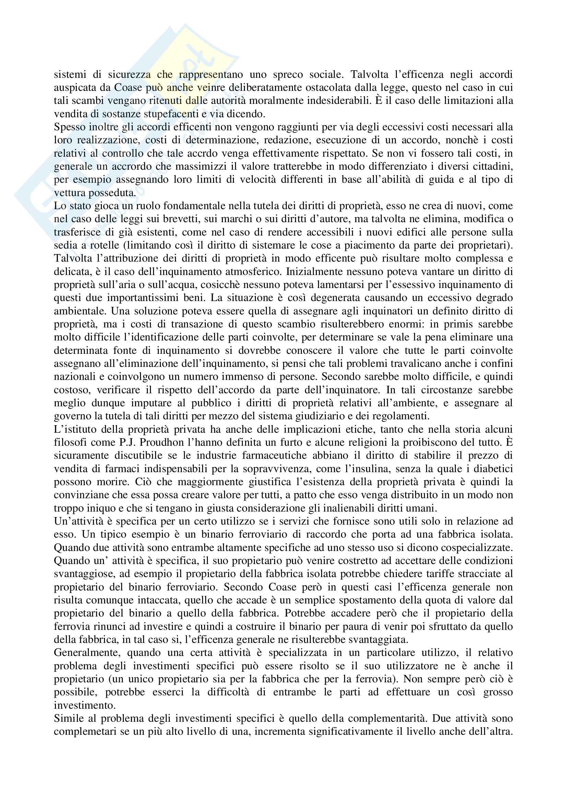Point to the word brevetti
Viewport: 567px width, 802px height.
point(194,219)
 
